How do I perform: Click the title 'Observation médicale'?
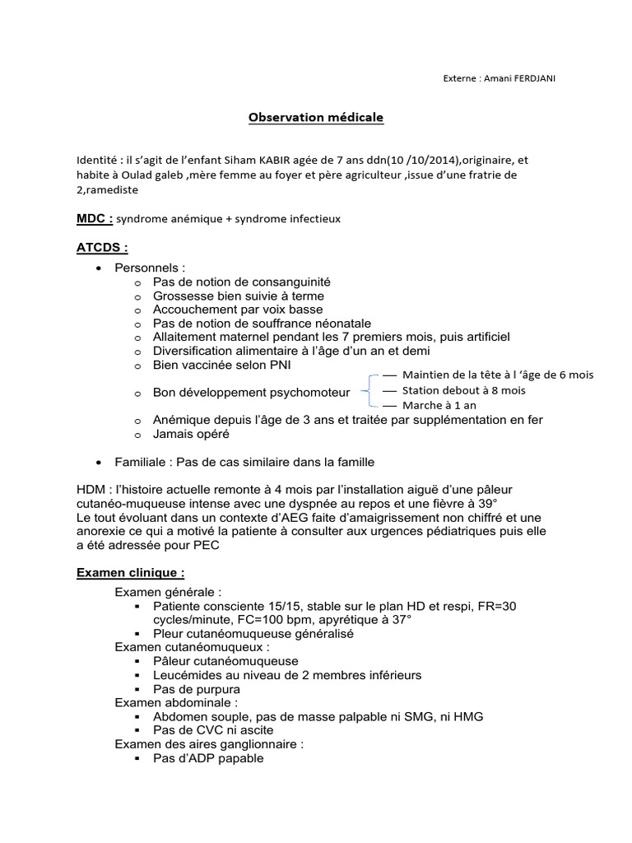[316, 118]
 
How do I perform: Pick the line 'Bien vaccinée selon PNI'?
[221, 365]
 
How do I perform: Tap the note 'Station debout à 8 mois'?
[464, 390]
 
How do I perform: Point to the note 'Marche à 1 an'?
[439, 405]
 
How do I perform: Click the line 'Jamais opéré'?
[191, 434]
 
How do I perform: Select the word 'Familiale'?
[142, 462]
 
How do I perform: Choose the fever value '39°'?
[481, 504]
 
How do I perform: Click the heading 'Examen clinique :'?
[130, 572]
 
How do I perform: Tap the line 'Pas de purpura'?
[197, 689]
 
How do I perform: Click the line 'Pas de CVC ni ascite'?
[213, 730]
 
